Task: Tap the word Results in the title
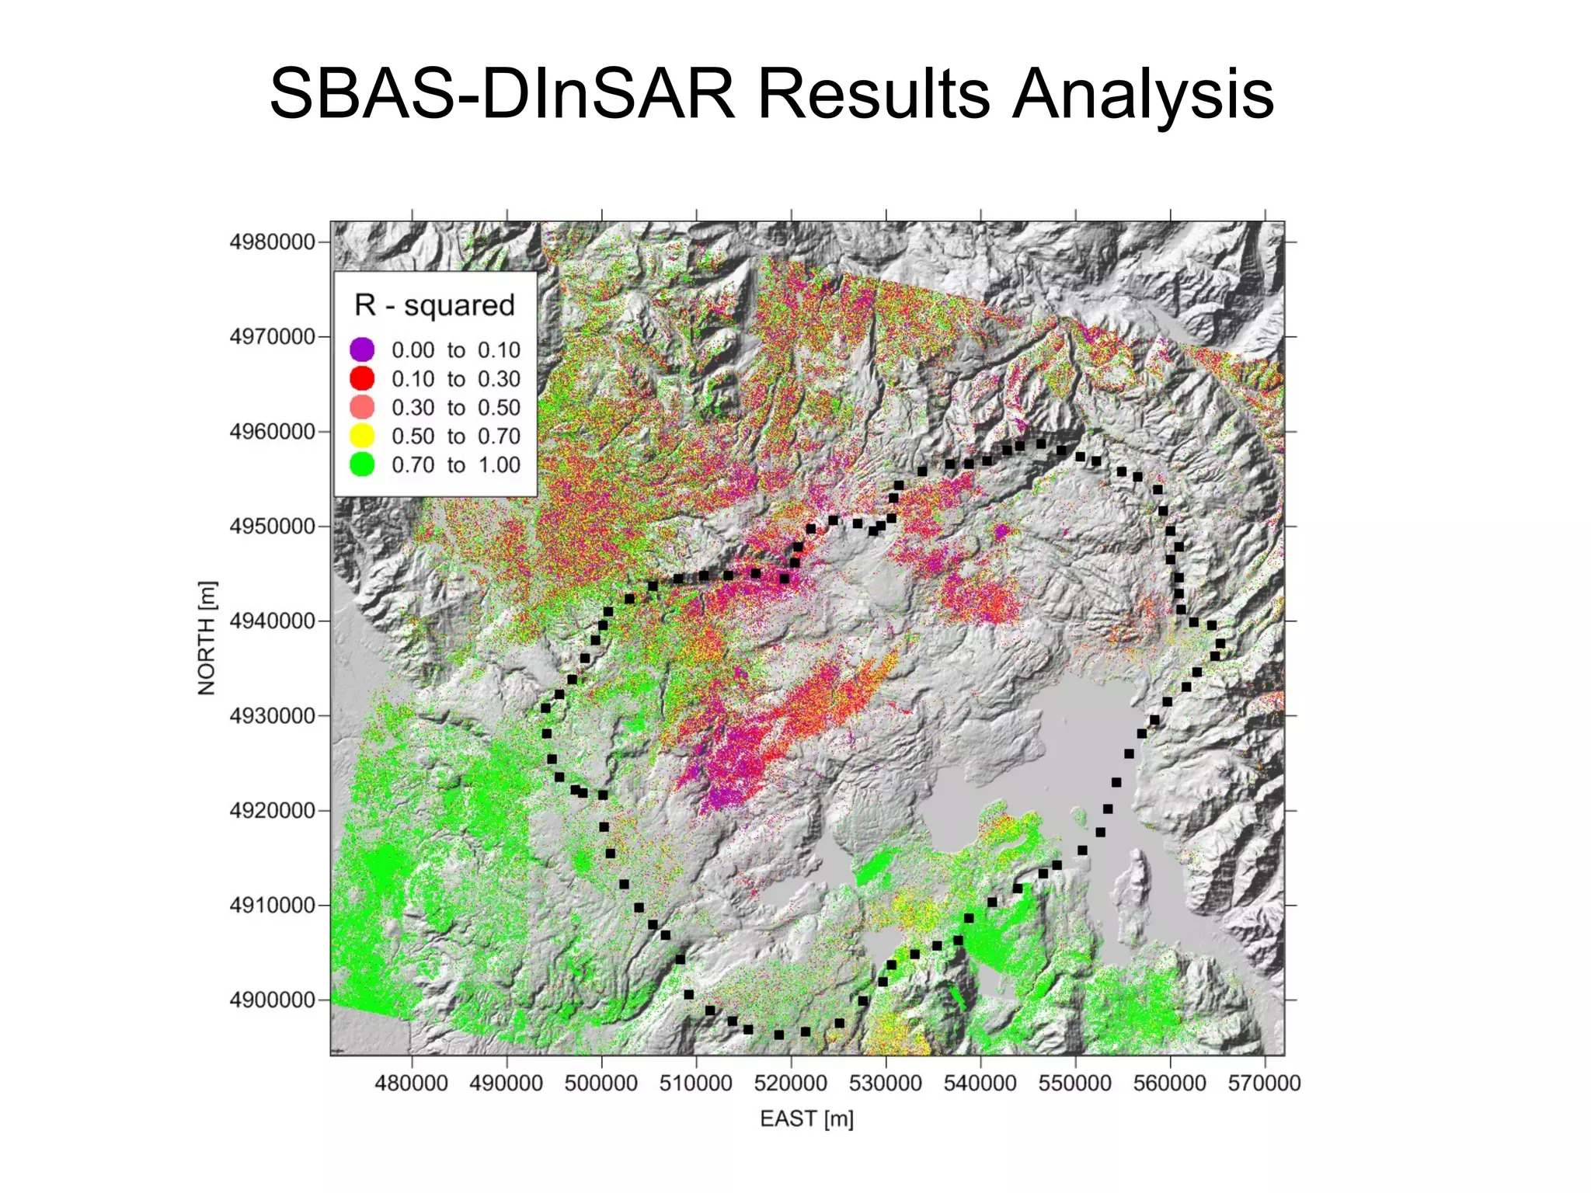(873, 95)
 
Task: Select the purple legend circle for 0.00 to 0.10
(362, 350)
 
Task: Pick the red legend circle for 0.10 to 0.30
(362, 378)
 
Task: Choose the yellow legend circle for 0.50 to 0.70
(362, 436)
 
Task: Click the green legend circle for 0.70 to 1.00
(362, 464)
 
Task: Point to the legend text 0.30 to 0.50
(455, 407)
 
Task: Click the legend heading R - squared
(434, 305)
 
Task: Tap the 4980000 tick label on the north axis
(272, 242)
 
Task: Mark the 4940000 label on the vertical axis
(272, 621)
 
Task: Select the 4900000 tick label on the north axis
(272, 1000)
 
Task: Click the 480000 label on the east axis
(411, 1083)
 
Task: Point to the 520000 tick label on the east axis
(791, 1083)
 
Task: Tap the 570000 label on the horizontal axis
(1264, 1083)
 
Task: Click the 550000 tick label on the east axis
(1075, 1083)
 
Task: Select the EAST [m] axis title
(806, 1119)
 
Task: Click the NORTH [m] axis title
(207, 638)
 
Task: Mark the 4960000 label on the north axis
(272, 432)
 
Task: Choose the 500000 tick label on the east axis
(601, 1083)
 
